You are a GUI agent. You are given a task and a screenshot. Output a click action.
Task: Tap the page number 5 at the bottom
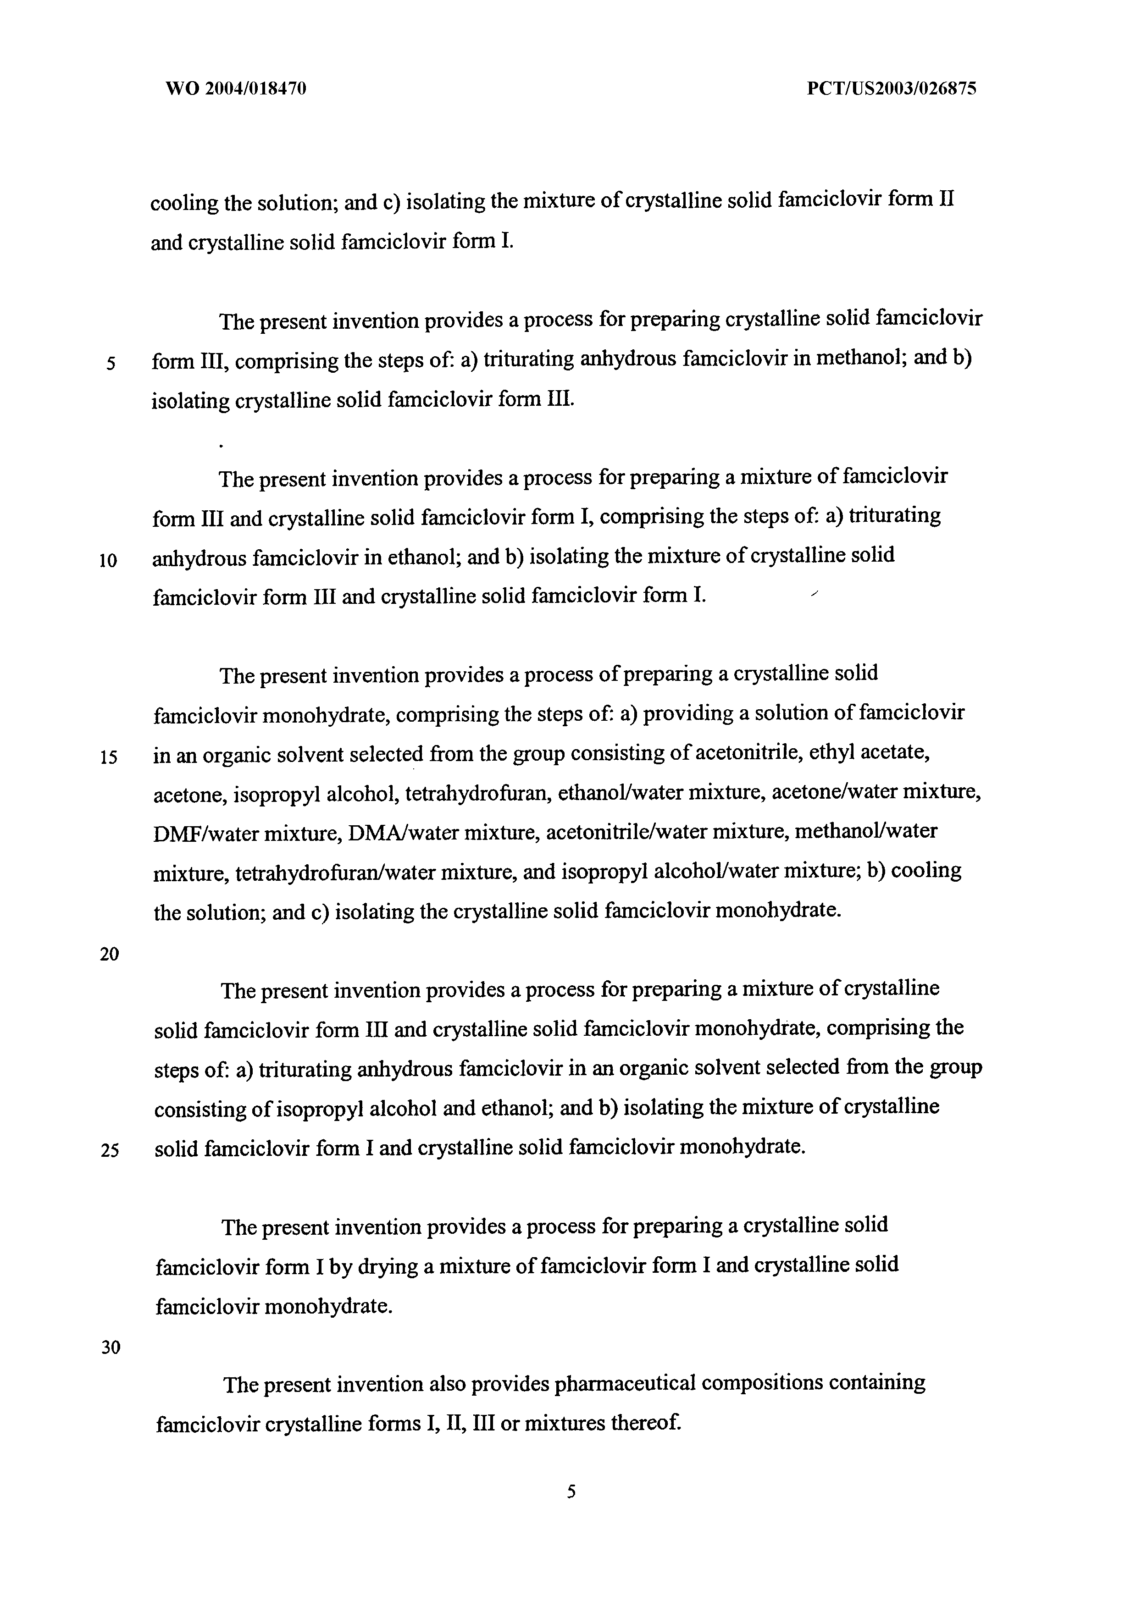click(571, 1491)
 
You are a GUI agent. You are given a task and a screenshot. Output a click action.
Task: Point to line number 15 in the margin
click(109, 758)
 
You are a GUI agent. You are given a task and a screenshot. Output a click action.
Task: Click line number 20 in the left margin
click(109, 954)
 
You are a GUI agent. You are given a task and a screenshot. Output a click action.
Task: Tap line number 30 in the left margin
click(111, 1347)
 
